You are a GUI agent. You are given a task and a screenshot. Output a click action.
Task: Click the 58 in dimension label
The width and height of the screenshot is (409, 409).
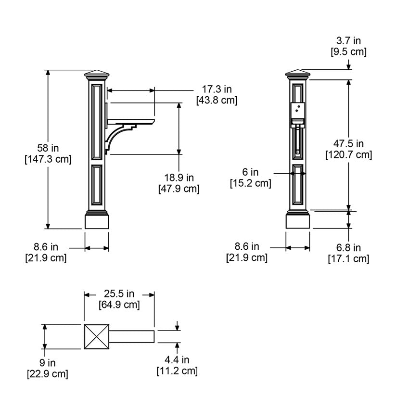click(x=48, y=148)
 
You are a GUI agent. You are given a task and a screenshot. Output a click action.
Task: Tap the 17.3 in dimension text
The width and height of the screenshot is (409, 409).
click(x=217, y=89)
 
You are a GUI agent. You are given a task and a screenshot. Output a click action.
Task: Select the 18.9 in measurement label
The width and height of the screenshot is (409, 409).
click(x=179, y=178)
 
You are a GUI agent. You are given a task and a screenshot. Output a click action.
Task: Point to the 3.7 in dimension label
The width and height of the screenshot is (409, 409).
click(x=348, y=41)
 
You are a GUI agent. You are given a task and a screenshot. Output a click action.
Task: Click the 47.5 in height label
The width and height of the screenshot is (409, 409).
click(x=348, y=144)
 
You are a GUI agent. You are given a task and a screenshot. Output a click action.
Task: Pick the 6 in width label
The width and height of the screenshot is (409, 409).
click(x=250, y=172)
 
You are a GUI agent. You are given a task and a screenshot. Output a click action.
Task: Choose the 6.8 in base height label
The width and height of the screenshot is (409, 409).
click(x=348, y=247)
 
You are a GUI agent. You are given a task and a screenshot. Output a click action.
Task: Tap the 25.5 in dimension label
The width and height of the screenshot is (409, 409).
click(x=119, y=294)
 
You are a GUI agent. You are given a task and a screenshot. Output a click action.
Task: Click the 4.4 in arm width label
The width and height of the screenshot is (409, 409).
click(x=177, y=360)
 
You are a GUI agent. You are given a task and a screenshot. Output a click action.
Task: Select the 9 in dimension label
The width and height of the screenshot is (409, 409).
click(x=48, y=363)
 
